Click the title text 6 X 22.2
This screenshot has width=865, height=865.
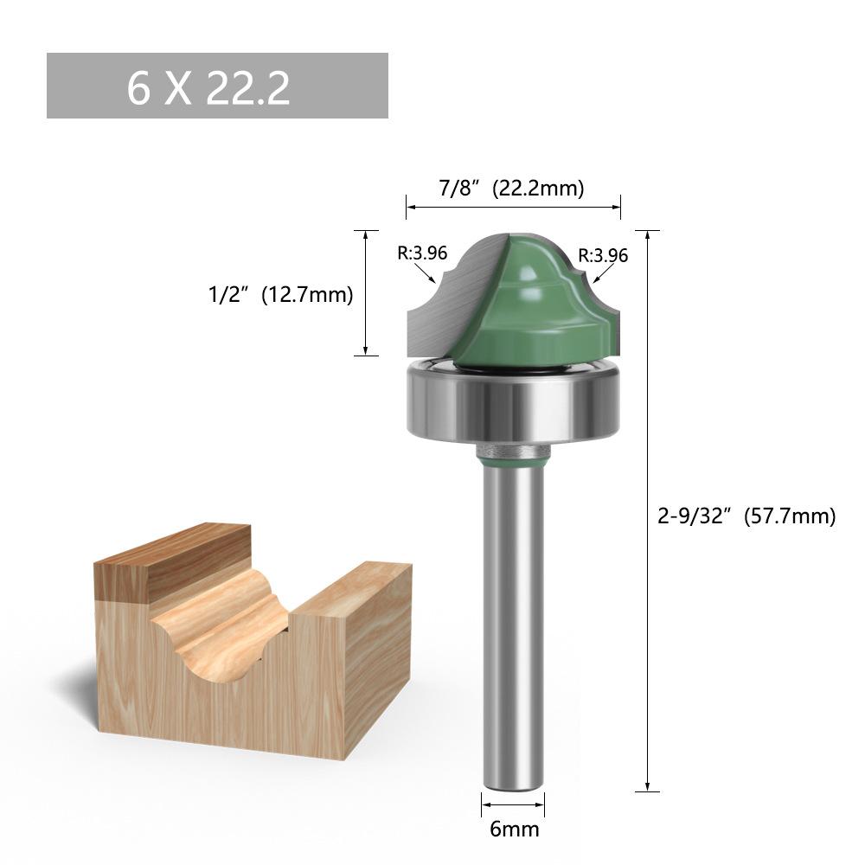[208, 88]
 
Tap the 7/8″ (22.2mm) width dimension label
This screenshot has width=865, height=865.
[511, 188]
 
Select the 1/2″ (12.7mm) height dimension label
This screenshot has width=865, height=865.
[281, 294]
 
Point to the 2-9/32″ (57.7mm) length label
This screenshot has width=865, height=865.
[746, 516]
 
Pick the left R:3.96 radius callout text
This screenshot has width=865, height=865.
[422, 253]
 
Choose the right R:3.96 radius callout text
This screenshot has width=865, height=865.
[603, 255]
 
